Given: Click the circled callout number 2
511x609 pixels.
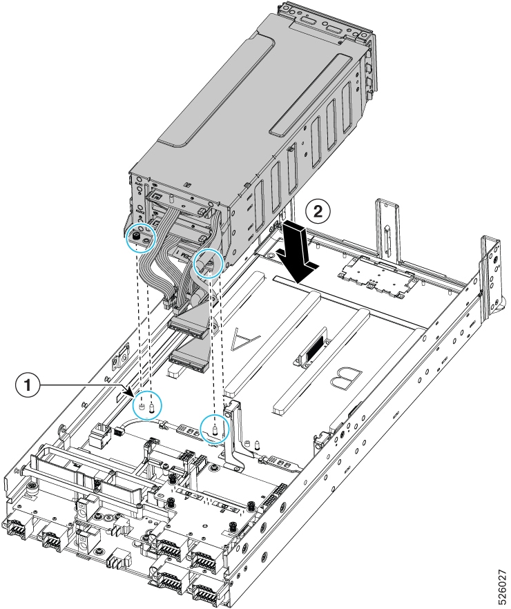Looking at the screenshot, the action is click(318, 212).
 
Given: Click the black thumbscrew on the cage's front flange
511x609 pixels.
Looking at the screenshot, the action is click(136, 235).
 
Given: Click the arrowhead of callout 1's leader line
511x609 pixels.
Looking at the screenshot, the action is click(131, 393).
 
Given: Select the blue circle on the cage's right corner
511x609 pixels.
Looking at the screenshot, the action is click(209, 264).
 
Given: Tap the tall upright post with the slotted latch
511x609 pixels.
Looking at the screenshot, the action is click(386, 233).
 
